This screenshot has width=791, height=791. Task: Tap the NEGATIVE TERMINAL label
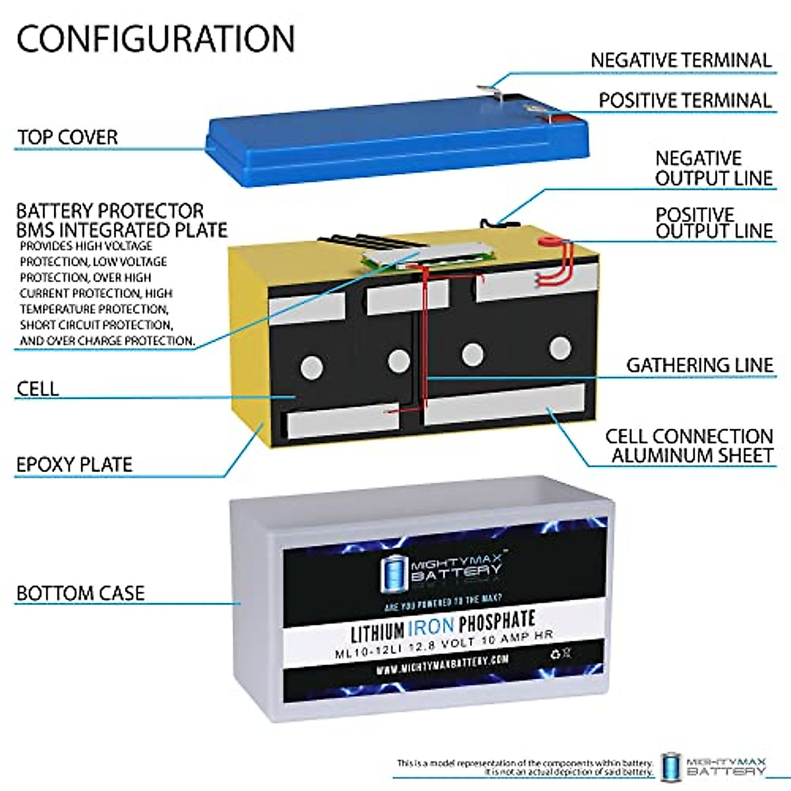[x=680, y=61]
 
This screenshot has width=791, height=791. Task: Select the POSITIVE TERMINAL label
[x=685, y=101]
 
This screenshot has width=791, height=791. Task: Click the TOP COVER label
[x=67, y=137]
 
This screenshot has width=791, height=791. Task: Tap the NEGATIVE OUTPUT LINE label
[x=714, y=168]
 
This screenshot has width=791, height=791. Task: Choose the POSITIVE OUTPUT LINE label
[x=714, y=223]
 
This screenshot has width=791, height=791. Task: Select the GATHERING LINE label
[x=699, y=365]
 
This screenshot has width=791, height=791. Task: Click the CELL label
[x=38, y=389]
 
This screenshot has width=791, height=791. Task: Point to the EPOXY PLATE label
[x=74, y=464]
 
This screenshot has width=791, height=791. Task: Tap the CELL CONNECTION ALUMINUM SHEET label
[x=689, y=446]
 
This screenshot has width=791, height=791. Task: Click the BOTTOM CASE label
[x=80, y=593]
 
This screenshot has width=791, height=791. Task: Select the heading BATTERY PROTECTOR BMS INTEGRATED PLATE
[x=122, y=220]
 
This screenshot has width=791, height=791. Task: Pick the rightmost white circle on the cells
[x=560, y=347]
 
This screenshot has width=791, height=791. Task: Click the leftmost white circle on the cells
[x=311, y=366]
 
